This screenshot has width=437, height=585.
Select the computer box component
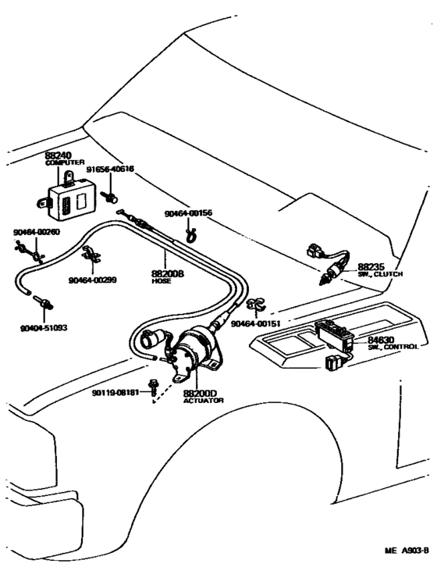(68, 194)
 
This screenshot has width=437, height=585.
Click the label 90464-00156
(188, 213)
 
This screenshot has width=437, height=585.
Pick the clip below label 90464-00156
(189, 231)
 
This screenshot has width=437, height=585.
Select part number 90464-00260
(35, 232)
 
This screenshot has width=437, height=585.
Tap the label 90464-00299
(92, 279)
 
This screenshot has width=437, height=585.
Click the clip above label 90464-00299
(91, 255)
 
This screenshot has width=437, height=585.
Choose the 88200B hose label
(166, 274)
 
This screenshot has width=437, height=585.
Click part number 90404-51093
(44, 328)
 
